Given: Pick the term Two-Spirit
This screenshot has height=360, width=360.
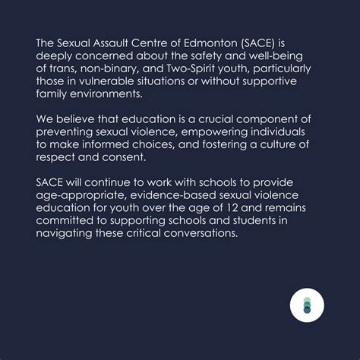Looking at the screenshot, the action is tap(198, 69).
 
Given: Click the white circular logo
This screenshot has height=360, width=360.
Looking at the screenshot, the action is tap(307, 305).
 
